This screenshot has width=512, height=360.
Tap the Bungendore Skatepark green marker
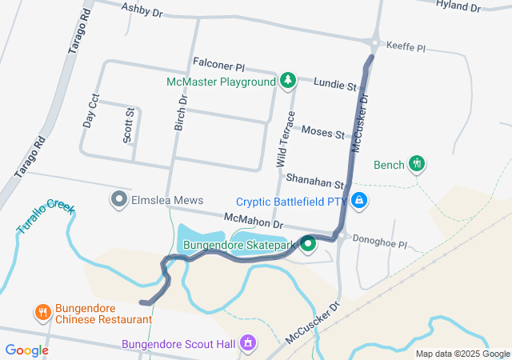pos(308,246)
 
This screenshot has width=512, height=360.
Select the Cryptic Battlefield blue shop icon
pos(360,200)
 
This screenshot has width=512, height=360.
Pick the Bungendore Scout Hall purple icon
pos(248,343)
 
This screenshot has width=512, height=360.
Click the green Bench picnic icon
pos(415,164)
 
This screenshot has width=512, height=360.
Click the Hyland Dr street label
pos(458,6)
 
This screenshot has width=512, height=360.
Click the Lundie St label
pos(334,84)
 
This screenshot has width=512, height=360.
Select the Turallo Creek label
pos(46,217)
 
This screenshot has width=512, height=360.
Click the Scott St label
pos(128,126)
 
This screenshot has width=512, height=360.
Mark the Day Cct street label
pos(90,111)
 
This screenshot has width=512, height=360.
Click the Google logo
pos(26,350)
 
